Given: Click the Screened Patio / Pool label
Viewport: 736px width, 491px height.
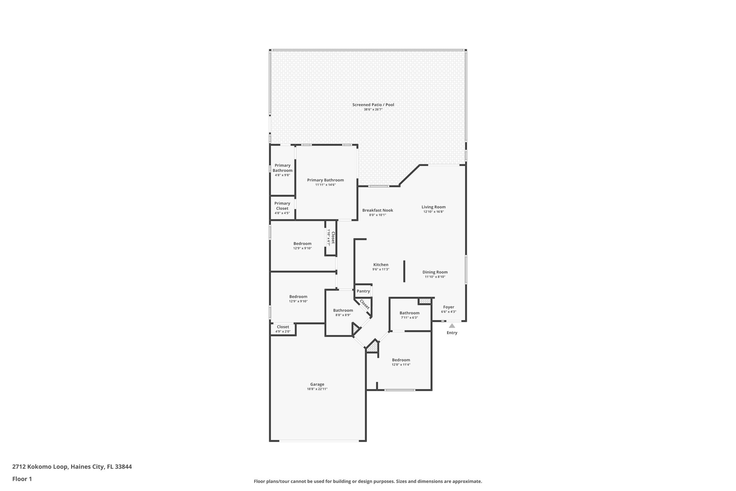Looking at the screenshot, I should pos(373,105).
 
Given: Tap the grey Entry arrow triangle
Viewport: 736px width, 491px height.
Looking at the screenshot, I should pos(452,326).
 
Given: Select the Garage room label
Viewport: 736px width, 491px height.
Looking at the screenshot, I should pos(317,384).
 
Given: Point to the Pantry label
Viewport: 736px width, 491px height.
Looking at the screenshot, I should pos(363,291).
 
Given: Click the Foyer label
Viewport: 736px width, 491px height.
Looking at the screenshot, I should pos(448,307).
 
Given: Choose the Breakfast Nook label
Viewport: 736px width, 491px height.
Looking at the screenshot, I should pos(377,210).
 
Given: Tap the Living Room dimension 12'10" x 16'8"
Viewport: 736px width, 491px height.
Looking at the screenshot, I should pos(433,212).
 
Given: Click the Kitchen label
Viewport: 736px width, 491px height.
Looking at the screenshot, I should pos(381,265).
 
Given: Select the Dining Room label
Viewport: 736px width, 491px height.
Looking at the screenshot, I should pos(435,272).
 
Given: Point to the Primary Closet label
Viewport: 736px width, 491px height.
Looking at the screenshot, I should pos(282,206).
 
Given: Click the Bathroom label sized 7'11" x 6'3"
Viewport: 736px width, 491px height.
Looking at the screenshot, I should pos(409,313).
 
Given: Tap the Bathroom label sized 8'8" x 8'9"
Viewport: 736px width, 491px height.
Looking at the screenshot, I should pos(343,310).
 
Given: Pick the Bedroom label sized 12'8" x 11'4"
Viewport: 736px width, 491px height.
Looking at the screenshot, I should pos(401,360).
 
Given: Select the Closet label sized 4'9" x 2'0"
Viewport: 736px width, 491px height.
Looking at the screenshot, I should pos(283,327).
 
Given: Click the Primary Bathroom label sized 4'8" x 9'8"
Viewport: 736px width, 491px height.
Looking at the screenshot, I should pos(282,168).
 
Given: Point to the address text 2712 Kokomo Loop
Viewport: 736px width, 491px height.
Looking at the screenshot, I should pos(40,467).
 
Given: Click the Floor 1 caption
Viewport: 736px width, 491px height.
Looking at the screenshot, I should pos(22,479).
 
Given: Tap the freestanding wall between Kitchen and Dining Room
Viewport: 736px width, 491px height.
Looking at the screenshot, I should pos(404,271).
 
